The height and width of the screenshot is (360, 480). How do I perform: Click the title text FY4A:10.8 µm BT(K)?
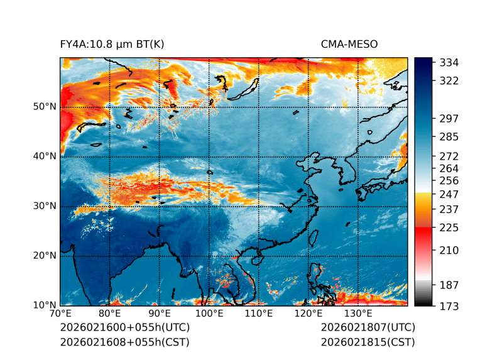tap(112, 44)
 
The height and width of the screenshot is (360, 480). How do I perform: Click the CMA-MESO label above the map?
tap(349, 44)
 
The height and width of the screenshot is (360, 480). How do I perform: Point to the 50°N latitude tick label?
tap(45, 107)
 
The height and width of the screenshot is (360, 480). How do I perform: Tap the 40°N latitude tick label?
tap(45, 156)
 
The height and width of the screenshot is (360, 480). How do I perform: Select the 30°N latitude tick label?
tap(45, 206)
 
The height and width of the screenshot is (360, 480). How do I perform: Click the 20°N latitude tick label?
tap(45, 256)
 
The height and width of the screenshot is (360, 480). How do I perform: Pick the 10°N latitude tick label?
tap(45, 305)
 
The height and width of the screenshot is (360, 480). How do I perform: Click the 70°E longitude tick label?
tap(60, 314)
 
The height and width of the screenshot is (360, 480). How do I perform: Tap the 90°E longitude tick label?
tap(160, 314)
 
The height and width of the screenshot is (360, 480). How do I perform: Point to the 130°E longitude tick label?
tap(358, 314)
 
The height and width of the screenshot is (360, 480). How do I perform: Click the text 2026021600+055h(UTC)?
tap(124, 328)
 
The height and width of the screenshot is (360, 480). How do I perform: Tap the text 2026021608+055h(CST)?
tap(124, 342)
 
